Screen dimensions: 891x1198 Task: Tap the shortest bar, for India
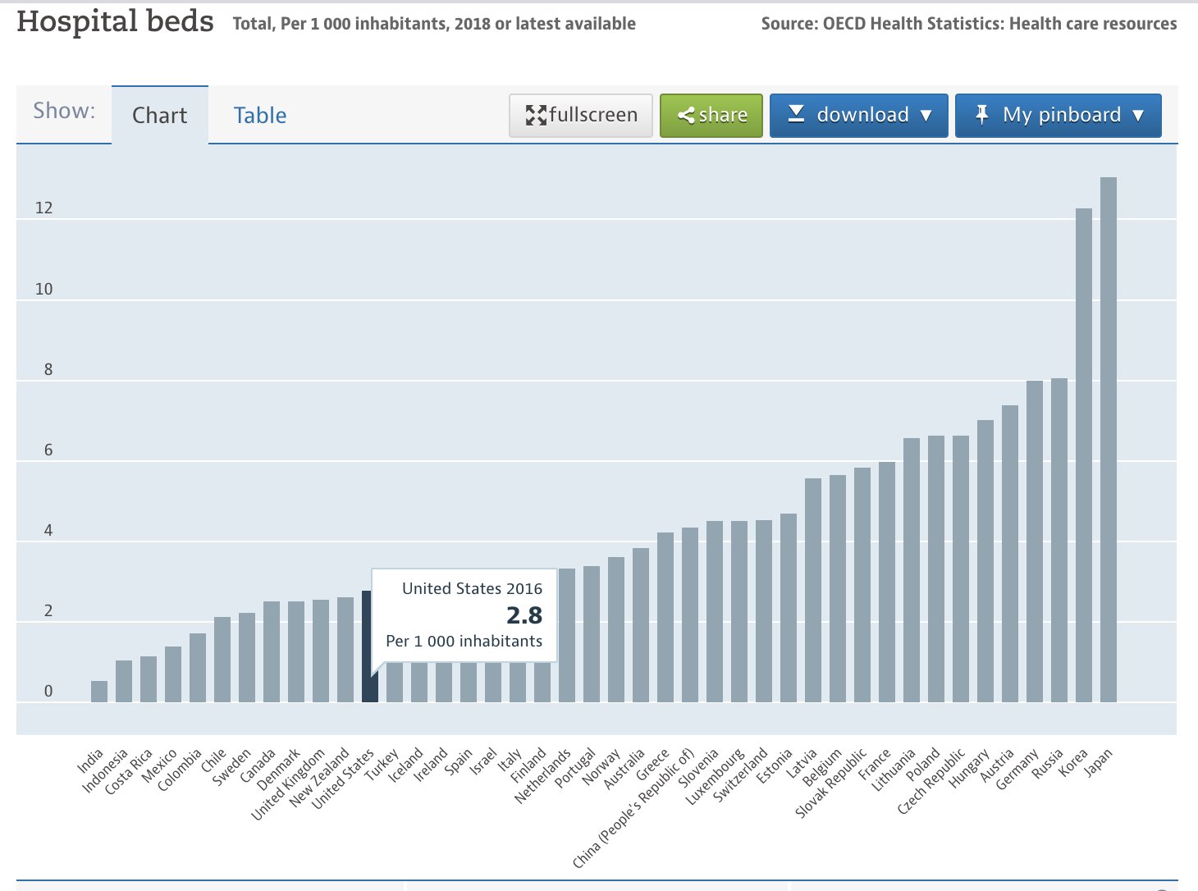coord(99,692)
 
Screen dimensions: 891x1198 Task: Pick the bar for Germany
coord(1034,541)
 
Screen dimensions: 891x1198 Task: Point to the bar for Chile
coord(222,660)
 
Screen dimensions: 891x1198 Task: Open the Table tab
coord(260,116)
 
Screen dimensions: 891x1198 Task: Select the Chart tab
coord(160,116)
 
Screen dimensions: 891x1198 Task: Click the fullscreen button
coord(581,115)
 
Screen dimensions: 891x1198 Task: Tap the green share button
coord(711,115)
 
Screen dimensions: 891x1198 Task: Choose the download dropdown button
coord(858,115)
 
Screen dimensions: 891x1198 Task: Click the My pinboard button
coord(1058,115)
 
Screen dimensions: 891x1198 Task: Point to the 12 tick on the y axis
coord(43,208)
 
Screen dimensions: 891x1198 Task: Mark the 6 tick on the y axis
coord(48,450)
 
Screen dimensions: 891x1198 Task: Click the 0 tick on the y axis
coord(48,691)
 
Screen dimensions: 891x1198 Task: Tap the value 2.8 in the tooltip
coord(524,615)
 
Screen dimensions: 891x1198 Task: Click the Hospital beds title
coord(115,22)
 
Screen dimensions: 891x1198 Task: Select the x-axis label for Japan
coord(1099,763)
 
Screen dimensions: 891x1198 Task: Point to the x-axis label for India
coord(90,761)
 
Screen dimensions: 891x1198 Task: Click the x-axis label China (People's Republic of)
coord(634,808)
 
